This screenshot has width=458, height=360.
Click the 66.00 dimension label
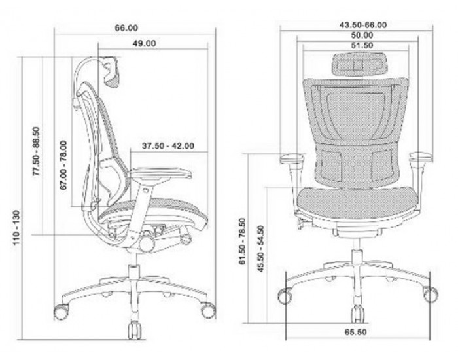coord(126,28)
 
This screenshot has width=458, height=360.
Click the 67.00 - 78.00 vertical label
coord(63,166)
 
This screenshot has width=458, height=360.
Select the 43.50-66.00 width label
coord(363,25)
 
